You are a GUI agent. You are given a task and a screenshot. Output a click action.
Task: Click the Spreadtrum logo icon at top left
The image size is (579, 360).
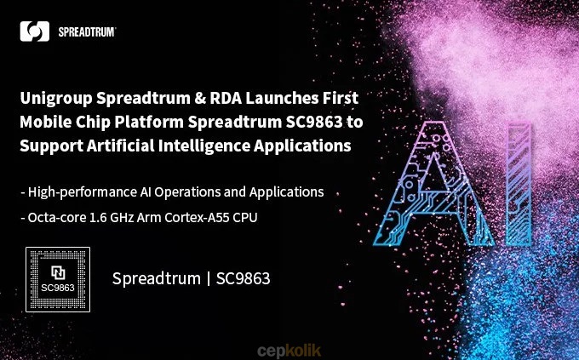(35, 31)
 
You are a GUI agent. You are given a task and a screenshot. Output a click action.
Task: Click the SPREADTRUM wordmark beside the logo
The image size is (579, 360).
(87, 32)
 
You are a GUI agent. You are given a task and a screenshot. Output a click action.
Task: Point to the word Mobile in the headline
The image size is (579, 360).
(46, 121)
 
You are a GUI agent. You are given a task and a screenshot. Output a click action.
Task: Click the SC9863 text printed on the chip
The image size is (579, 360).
(59, 287)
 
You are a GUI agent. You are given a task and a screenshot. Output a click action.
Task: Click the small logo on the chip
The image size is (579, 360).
(59, 272)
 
